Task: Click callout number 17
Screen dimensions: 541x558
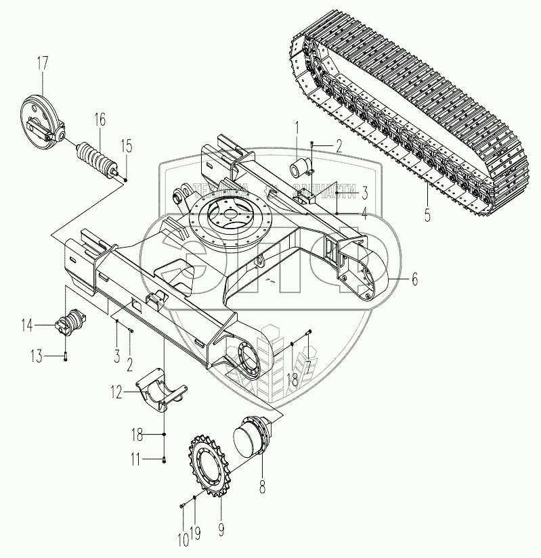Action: [42, 66]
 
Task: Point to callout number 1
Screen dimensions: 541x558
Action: [297, 126]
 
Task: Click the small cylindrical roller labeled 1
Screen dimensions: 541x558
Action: [302, 167]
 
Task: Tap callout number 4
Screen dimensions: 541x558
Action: [363, 215]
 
